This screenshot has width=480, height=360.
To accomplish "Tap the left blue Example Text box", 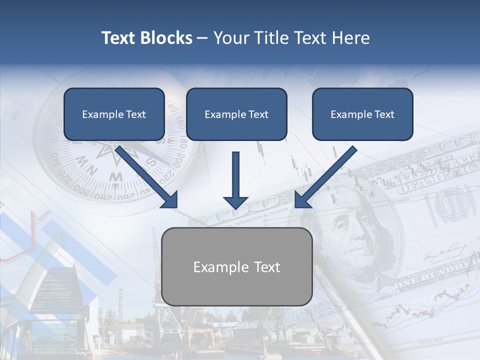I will (114, 114).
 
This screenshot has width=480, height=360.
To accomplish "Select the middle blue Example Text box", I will (236, 114).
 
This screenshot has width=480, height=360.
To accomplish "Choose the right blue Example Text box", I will (362, 114).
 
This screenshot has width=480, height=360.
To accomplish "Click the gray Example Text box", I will (237, 266).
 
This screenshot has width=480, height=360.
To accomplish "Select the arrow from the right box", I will (325, 177).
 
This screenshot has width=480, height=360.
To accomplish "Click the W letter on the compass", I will (116, 176).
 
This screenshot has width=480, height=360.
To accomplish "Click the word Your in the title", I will (230, 38).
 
